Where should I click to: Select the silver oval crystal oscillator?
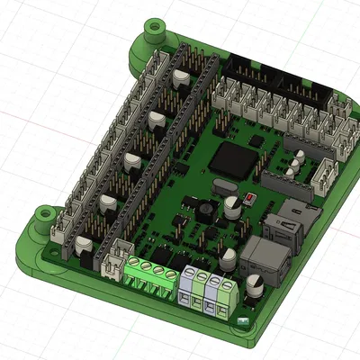(x=220, y=188)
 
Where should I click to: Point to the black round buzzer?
(x=206, y=210)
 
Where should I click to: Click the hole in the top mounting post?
(x=154, y=29)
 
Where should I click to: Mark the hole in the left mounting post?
(x=41, y=215)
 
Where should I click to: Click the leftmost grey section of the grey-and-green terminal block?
(x=191, y=286)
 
